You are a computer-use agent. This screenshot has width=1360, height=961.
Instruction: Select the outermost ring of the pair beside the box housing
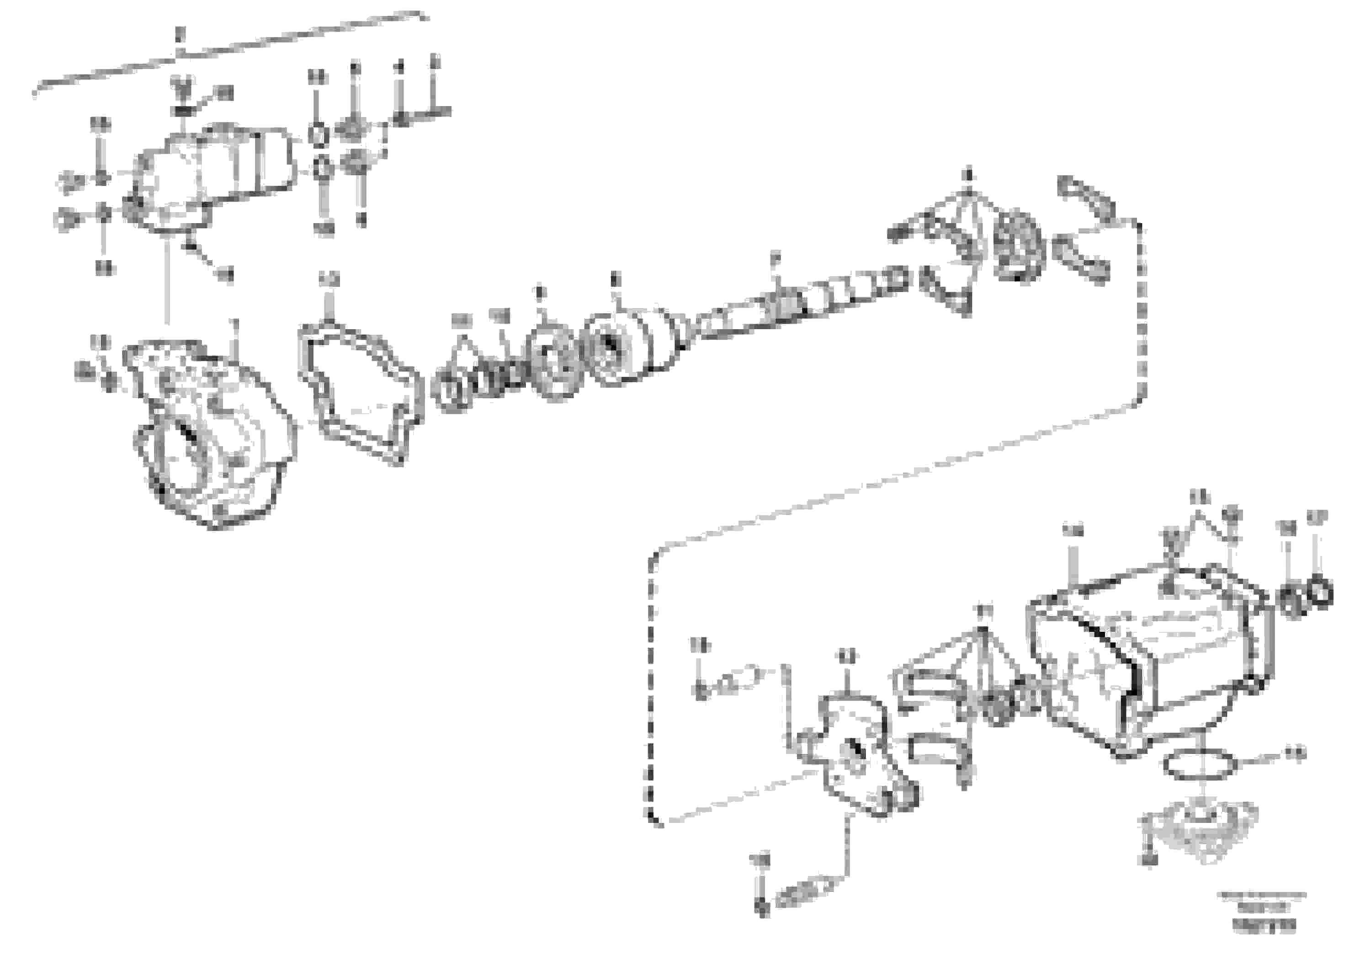pos(1320,591)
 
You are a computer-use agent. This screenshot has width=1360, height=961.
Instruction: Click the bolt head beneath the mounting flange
pos(1150,860)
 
